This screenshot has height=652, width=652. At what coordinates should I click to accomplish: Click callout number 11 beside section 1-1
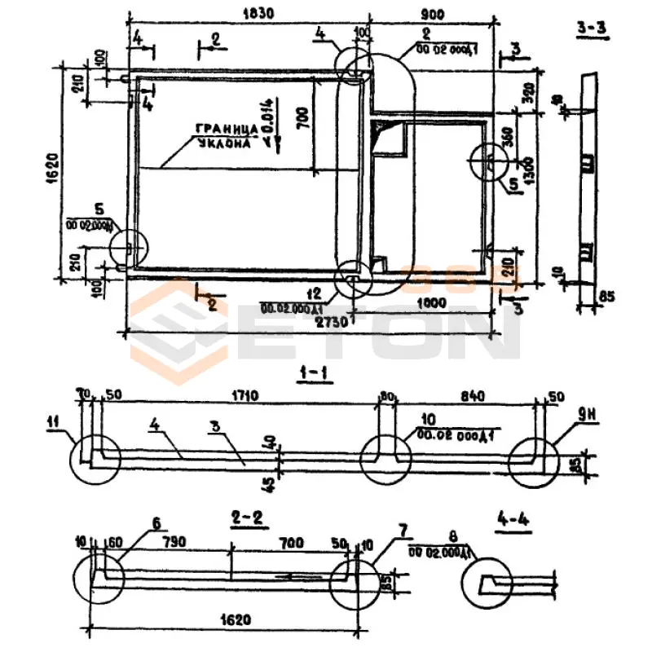pos(55,421)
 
